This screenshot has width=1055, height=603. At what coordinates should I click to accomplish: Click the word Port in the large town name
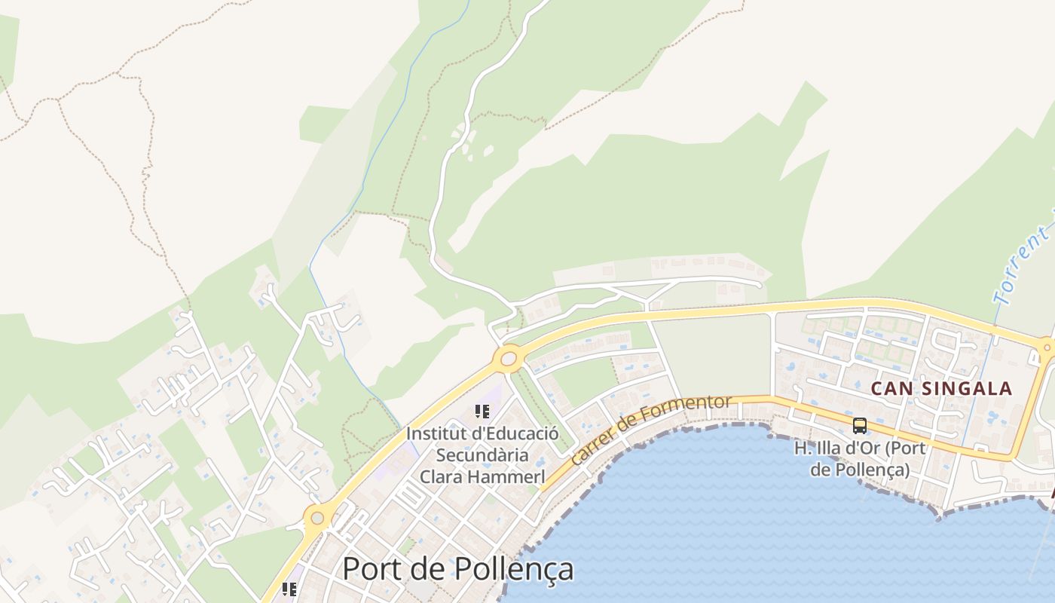pos(374,568)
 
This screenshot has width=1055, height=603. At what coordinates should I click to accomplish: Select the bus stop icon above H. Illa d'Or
pos(860,426)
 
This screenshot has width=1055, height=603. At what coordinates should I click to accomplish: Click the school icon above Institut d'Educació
pos(482,412)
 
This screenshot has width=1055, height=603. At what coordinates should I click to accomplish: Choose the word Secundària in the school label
pos(482,455)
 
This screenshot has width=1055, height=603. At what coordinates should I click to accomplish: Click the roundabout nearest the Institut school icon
pos(509,359)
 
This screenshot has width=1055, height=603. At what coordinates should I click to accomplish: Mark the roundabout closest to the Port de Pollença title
pos(317,518)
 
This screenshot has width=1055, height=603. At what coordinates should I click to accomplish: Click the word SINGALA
pos(965,389)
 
